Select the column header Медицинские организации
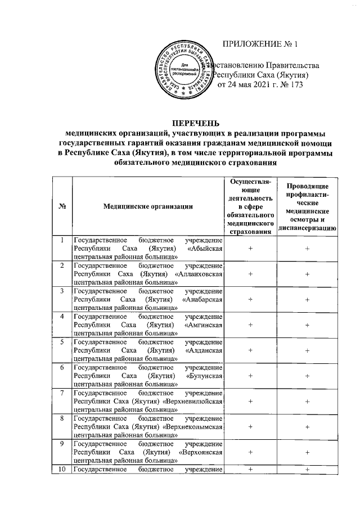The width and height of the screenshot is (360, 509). (x=148, y=206)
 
